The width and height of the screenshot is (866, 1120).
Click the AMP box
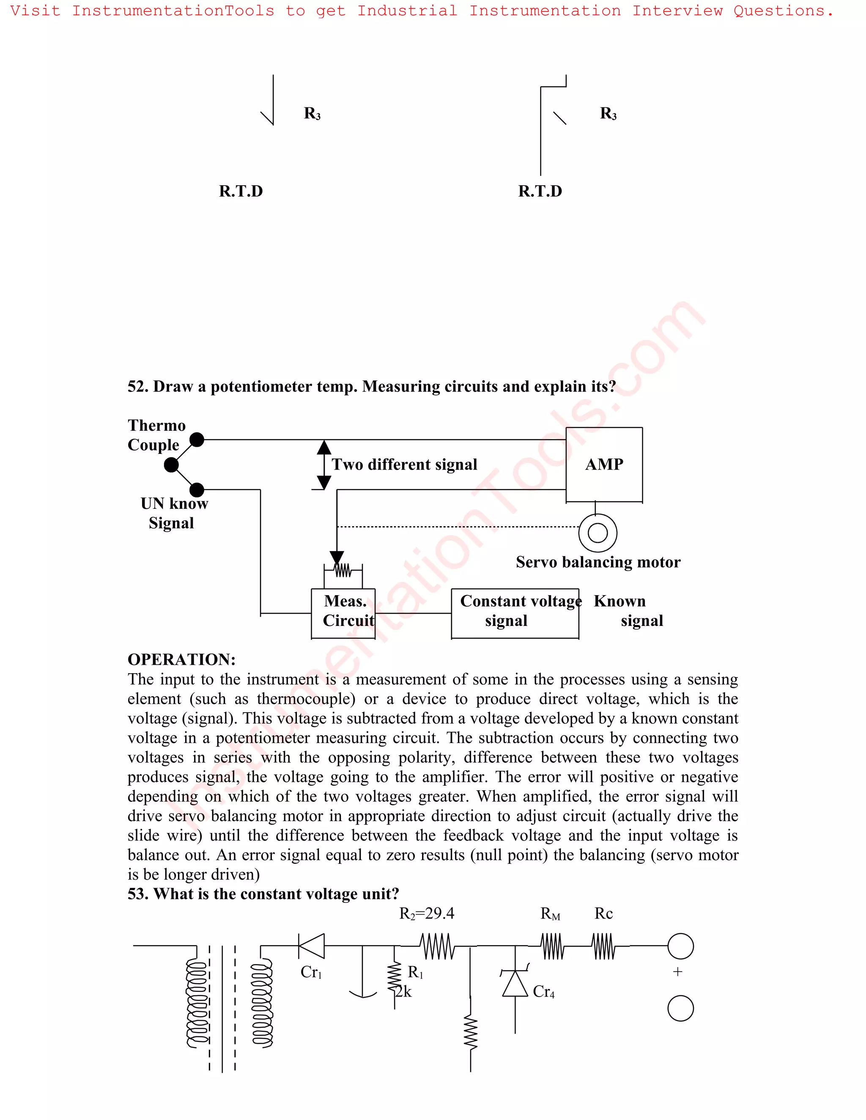click(604, 464)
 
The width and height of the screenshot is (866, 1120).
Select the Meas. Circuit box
click(343, 613)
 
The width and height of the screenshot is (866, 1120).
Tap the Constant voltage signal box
click(515, 613)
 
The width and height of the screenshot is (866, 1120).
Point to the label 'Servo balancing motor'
click(597, 562)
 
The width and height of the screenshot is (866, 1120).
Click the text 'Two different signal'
click(404, 464)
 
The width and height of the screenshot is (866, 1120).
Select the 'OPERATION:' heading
click(181, 659)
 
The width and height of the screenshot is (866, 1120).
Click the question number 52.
click(137, 387)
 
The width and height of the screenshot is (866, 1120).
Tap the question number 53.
click(137, 894)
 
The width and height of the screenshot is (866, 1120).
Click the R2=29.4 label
click(426, 913)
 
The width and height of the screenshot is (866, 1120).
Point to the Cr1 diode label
click(311, 972)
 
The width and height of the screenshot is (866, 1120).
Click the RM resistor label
click(550, 914)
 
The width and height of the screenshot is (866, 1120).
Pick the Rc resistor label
click(603, 913)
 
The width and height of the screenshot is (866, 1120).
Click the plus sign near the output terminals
click(678, 972)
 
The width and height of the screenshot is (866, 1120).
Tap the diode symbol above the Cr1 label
click(311, 946)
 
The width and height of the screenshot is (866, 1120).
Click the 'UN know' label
click(175, 504)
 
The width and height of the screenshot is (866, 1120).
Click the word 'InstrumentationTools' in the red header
click(173, 11)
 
